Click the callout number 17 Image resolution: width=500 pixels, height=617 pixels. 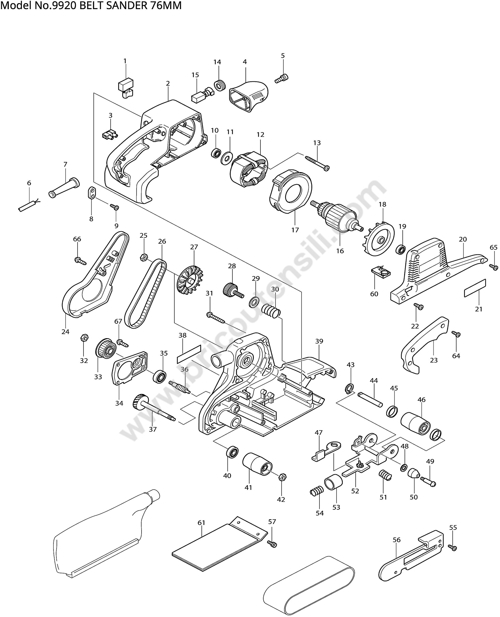pyautogui.click(x=295, y=230)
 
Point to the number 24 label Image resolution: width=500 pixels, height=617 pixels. pyautogui.click(x=65, y=332)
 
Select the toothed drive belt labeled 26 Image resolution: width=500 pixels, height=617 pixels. pyautogui.click(x=146, y=294)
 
